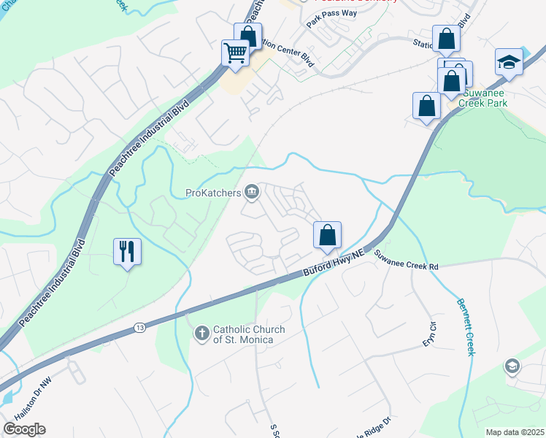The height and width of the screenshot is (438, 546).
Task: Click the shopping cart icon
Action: coord(235,53)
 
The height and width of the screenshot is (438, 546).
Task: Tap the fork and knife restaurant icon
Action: coord(127,251)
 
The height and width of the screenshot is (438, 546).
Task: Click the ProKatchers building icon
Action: coord(252,193)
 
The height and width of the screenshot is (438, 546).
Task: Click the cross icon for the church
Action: coord(201,334)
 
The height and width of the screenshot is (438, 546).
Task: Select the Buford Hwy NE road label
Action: coord(333,265)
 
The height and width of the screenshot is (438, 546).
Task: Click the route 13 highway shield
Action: coord(139,328)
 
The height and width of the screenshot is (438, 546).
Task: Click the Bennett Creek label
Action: coord(466,326)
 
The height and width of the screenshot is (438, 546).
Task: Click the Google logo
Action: coord(24,429)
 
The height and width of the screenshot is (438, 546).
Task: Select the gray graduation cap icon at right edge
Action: coord(513,365)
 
